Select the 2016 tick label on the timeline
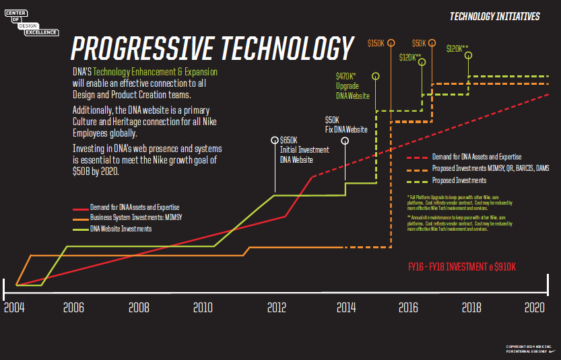click(409, 308)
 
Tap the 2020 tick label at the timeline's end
click(535, 308)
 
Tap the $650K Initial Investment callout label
click(304, 150)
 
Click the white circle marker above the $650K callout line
click(275, 140)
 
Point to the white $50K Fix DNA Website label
click(346, 124)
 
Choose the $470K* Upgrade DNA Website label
click(353, 86)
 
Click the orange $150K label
click(376, 42)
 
